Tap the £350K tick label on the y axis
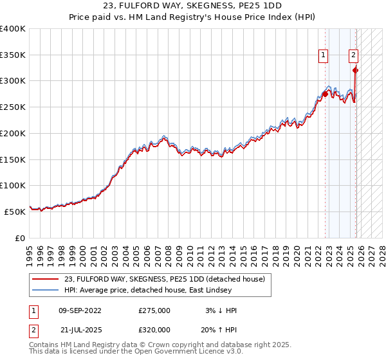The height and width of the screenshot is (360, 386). [x=12, y=55]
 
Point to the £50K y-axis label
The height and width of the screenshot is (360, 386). [x=14, y=212]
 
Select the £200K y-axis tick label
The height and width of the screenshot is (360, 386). [x=12, y=133]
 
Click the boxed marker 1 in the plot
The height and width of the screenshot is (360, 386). [x=323, y=55]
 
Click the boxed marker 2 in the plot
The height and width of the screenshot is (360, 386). [x=354, y=55]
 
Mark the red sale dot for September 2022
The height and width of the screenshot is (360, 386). [x=326, y=94]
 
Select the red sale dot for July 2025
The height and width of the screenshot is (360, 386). [x=356, y=71]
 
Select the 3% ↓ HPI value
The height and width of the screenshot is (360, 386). [x=219, y=310]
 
